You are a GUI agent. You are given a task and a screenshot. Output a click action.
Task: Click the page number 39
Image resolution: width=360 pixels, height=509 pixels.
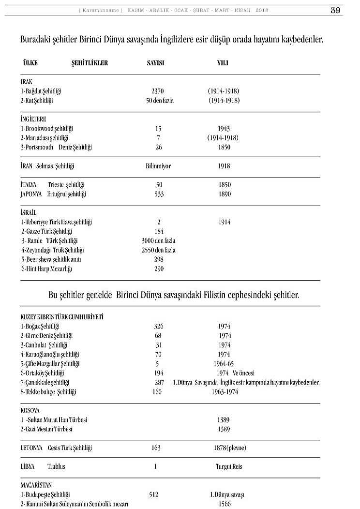tap(336, 10)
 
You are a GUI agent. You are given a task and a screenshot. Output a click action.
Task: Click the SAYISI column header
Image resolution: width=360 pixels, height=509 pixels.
tap(155, 63)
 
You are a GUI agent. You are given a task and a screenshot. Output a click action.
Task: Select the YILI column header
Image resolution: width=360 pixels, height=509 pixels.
tap(223, 63)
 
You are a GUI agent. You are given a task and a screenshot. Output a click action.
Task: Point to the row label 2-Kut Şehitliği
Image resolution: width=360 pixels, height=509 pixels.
tap(37, 101)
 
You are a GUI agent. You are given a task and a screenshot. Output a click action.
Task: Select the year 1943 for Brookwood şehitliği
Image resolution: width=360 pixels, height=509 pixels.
tap(224, 129)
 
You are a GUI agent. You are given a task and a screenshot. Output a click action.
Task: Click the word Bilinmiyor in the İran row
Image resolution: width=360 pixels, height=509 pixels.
tap(158, 166)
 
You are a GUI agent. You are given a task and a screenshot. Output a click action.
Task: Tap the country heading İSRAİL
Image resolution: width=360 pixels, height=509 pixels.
tap(29, 212)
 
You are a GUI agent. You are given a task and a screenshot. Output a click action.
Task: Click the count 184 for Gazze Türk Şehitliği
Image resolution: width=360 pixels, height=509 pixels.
tap(159, 231)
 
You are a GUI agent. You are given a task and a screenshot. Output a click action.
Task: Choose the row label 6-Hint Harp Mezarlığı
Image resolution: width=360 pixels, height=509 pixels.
tap(46, 269)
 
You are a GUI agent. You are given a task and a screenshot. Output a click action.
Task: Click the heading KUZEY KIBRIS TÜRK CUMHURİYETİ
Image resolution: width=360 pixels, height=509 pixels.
tap(62, 317)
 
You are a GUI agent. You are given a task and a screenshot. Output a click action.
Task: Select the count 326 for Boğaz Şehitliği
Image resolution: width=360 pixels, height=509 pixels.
tap(159, 326)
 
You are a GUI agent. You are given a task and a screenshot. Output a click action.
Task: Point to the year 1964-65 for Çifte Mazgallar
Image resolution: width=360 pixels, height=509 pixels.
tap(224, 363)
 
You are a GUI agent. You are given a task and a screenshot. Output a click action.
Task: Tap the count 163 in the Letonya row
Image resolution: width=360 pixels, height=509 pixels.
tap(156, 448)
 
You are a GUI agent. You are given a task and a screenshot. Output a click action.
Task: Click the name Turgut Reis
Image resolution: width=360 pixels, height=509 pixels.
tap(229, 467)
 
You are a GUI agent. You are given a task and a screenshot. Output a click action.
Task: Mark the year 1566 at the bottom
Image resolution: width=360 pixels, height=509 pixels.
tap(224, 504)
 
